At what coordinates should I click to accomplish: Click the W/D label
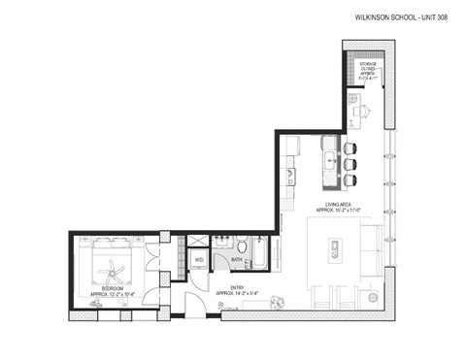(198, 259)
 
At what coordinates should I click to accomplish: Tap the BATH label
(237, 259)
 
